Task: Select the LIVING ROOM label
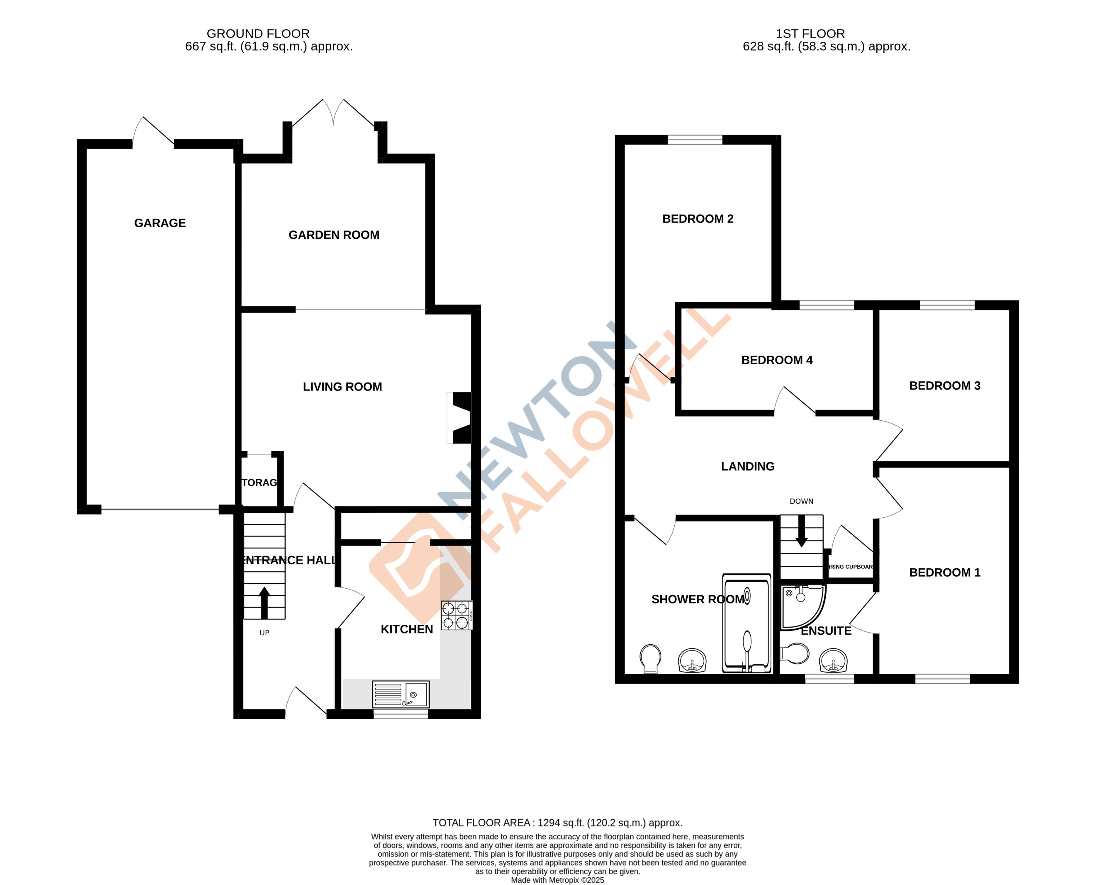(342, 387)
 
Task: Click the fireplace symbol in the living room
(460, 418)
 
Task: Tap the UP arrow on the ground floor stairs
(264, 603)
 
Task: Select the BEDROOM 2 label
(698, 219)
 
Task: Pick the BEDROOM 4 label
(777, 360)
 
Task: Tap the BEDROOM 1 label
(945, 572)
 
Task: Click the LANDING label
(748, 466)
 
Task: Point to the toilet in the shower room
(650, 658)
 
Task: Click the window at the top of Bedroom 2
(695, 140)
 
